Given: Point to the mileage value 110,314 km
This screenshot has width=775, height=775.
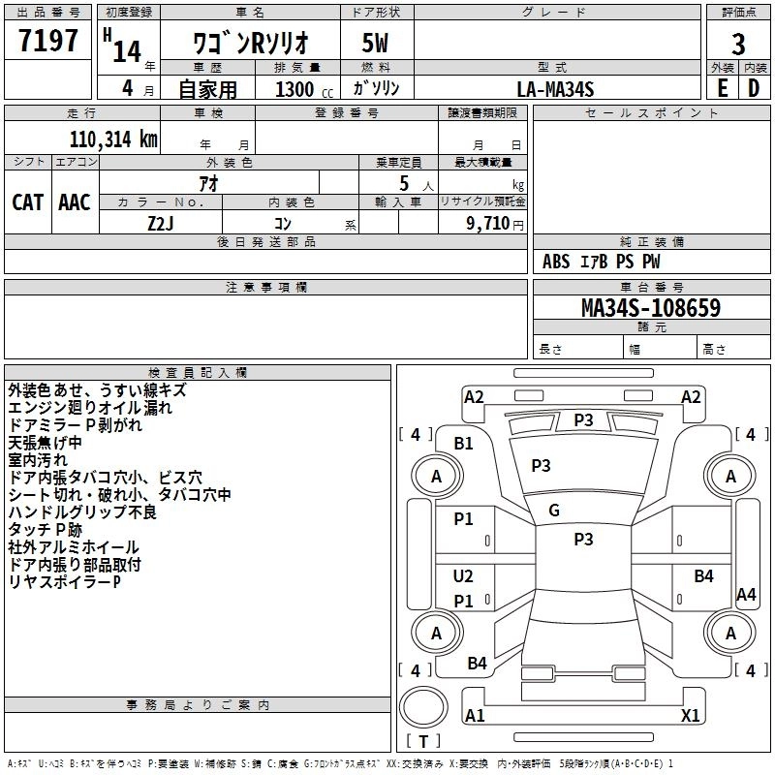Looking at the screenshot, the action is point(112,139).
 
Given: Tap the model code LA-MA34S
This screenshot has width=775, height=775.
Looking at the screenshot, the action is point(555,88).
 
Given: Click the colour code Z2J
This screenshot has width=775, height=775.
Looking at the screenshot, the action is point(160,222).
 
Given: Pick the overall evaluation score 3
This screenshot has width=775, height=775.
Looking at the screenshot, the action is point(738,45).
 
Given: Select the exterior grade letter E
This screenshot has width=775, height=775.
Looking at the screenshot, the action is point(723,88).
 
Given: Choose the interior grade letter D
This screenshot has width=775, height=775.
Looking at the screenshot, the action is point(754,88).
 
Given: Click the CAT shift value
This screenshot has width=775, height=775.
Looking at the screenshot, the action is point(27,201).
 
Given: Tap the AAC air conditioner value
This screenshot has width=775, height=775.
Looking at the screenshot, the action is point(75,201).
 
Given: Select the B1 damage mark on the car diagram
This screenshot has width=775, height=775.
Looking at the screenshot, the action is point(464,444).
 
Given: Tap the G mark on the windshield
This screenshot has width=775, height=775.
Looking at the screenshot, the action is point(554,511).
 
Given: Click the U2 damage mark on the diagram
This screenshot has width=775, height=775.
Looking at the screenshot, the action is point(464,576).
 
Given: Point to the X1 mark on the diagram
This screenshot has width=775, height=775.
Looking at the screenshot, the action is point(690,716).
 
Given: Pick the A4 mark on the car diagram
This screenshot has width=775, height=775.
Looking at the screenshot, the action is point(746,595).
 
